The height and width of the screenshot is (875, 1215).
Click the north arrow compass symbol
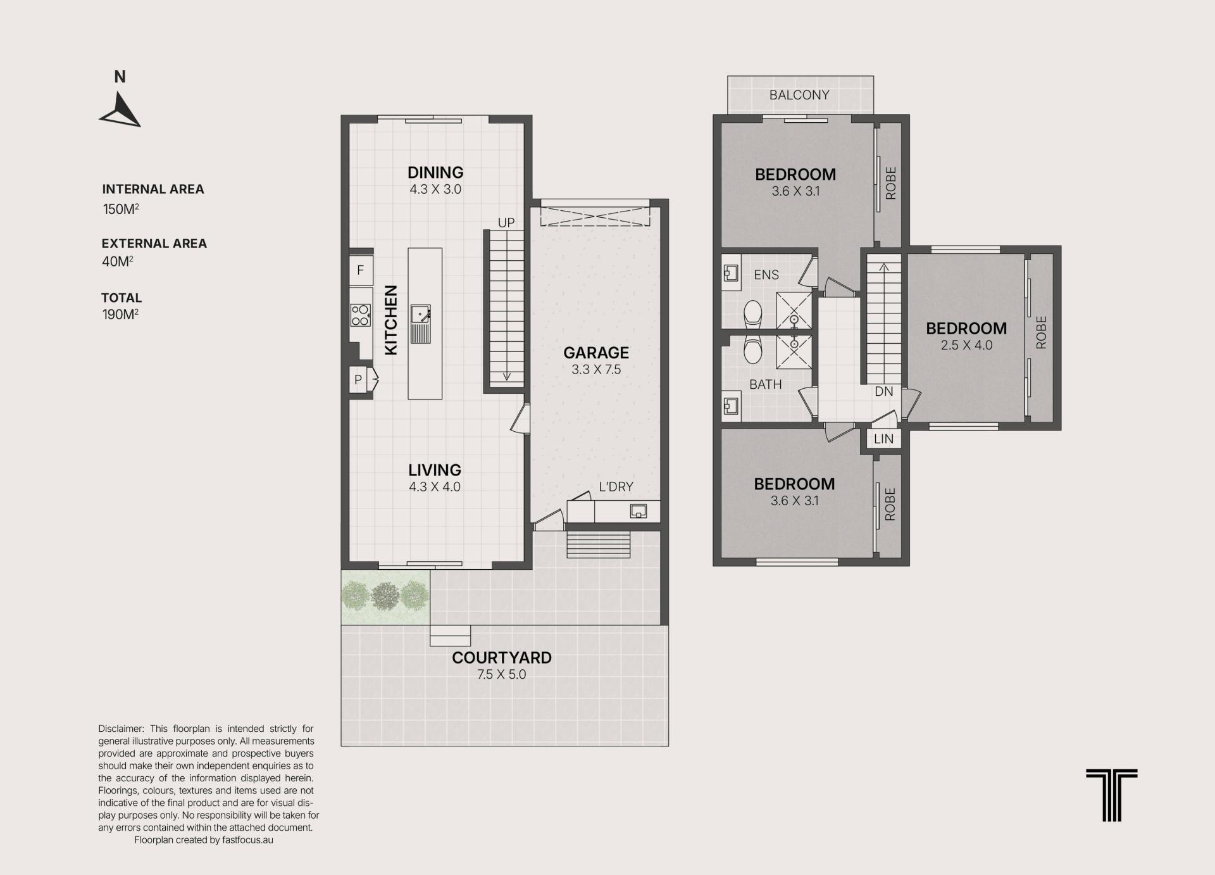click(120, 111)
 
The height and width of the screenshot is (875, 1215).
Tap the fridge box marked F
click(361, 270)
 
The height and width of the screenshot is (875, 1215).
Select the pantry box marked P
click(359, 380)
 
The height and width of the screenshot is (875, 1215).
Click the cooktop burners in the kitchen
click(360, 315)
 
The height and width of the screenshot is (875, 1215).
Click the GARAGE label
click(596, 353)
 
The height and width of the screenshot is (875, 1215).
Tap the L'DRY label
click(616, 486)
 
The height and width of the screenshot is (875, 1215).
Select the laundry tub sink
click(639, 511)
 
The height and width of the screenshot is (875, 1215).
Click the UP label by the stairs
click(506, 223)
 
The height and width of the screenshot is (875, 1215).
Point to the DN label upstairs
click(884, 391)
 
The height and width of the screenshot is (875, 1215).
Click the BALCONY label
click(799, 95)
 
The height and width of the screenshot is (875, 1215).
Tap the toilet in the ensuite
click(753, 313)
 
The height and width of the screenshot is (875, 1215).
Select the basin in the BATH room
click(731, 405)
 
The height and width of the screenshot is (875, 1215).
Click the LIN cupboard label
click(883, 439)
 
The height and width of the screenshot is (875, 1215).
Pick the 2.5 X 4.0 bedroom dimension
click(966, 345)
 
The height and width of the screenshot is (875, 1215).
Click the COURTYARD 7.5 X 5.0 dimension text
click(502, 674)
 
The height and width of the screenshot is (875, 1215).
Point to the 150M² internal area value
click(121, 209)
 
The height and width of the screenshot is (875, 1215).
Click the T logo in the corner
click(1112, 795)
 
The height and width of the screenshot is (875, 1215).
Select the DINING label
click(435, 172)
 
